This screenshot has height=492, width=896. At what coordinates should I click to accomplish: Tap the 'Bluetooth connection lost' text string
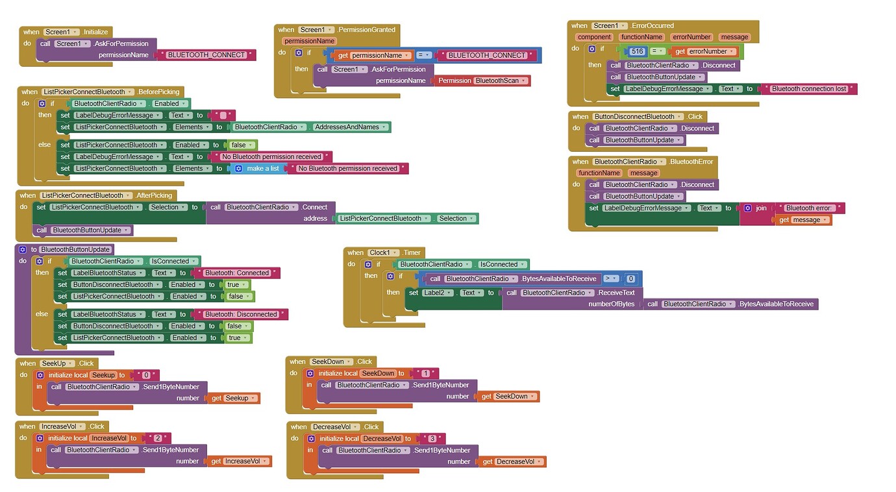tap(808, 89)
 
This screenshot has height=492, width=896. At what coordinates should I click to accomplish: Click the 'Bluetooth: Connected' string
tap(237, 273)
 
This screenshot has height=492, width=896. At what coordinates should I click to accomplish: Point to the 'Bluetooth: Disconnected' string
tap(241, 314)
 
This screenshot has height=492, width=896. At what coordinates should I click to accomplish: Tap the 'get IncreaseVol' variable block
tap(238, 461)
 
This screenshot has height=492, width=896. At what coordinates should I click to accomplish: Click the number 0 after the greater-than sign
tap(630, 279)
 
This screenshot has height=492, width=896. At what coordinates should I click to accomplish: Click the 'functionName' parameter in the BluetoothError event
tap(599, 173)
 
